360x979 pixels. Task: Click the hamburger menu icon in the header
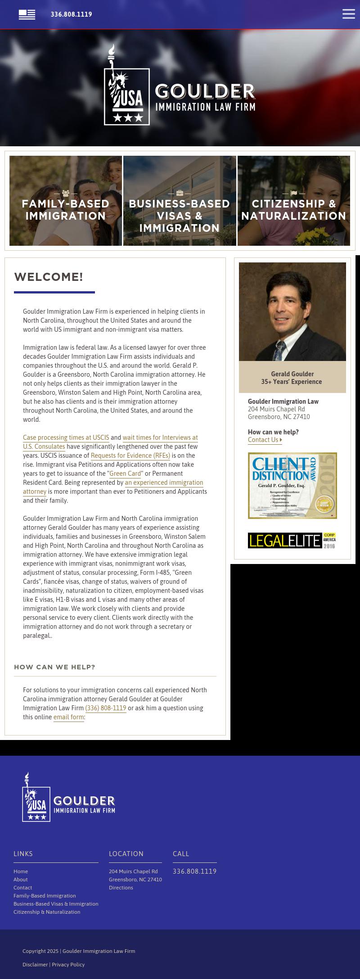pyautogui.click(x=348, y=14)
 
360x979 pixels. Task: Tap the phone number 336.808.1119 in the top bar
pyautogui.click(x=71, y=14)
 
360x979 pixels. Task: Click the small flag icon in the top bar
pyautogui.click(x=27, y=14)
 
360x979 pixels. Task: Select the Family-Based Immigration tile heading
pyautogui.click(x=66, y=210)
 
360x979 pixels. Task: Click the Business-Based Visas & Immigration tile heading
pyautogui.click(x=180, y=216)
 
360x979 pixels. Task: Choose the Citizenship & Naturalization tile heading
pyautogui.click(x=293, y=210)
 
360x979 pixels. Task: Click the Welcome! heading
pyautogui.click(x=49, y=277)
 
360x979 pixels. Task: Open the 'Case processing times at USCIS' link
pyautogui.click(x=66, y=438)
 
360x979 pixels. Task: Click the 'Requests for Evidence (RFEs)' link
pyautogui.click(x=130, y=456)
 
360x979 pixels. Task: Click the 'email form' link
pyautogui.click(x=68, y=717)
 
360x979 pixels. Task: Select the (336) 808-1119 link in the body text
pyautogui.click(x=106, y=708)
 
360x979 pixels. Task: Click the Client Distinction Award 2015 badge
pyautogui.click(x=292, y=485)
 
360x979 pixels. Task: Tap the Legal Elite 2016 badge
pyautogui.click(x=292, y=540)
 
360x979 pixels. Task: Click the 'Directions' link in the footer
pyautogui.click(x=121, y=888)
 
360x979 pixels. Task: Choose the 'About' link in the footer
pyautogui.click(x=20, y=880)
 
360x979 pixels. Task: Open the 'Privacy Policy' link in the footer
pyautogui.click(x=68, y=965)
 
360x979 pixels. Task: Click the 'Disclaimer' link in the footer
pyautogui.click(x=35, y=965)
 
